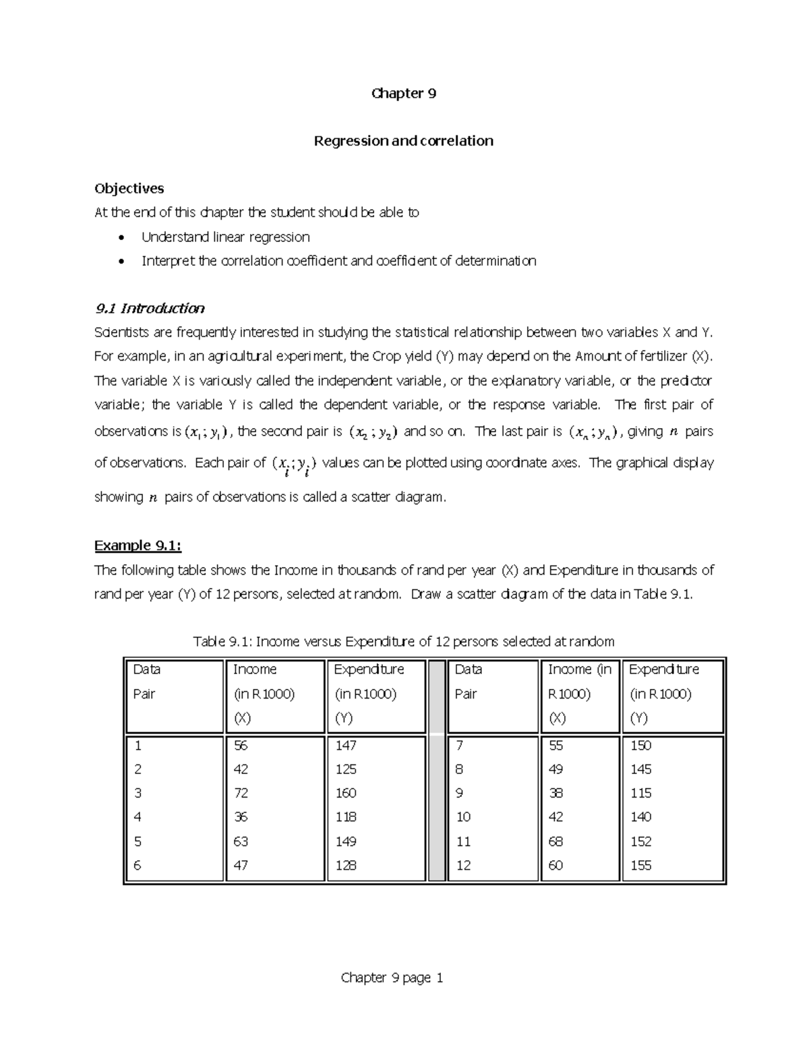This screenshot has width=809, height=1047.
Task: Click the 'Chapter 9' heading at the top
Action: tap(403, 94)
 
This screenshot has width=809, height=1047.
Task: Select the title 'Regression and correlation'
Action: tap(403, 141)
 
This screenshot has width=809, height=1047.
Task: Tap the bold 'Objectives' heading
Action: tap(129, 188)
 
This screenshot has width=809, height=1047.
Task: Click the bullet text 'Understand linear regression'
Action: tap(225, 237)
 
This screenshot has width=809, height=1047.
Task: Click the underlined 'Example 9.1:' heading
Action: tap(138, 545)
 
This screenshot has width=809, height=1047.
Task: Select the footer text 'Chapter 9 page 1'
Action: tap(392, 978)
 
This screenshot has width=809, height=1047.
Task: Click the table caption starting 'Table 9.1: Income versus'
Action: tap(403, 641)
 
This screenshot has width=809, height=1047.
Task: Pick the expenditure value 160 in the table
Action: tap(346, 793)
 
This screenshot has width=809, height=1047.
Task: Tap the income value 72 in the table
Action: tap(241, 793)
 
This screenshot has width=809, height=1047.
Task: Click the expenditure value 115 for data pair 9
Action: tap(640, 793)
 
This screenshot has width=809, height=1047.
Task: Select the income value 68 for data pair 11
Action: tap(556, 841)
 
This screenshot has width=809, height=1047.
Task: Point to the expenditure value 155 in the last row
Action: tap(640, 865)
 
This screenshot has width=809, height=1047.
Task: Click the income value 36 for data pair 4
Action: tap(241, 817)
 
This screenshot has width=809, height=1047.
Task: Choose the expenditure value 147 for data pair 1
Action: tap(346, 745)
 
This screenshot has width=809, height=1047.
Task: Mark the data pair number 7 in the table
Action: tap(459, 745)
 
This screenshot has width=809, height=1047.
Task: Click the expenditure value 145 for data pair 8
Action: tap(640, 769)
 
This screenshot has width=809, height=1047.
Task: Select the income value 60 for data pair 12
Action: tap(556, 865)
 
